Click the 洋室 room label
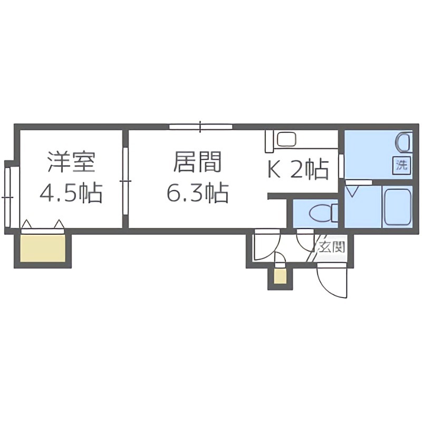pyautogui.click(x=71, y=162)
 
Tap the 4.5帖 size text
pyautogui.click(x=71, y=194)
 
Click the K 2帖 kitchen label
pyautogui.click(x=299, y=170)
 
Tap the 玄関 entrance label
pyautogui.click(x=331, y=246)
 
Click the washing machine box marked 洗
pyautogui.click(x=402, y=164)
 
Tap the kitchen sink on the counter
pyautogui.click(x=287, y=140)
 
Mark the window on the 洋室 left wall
pyautogui.click(x=7, y=195)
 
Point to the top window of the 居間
pyautogui.click(x=200, y=127)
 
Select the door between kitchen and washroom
pyautogui.click(x=341, y=166)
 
